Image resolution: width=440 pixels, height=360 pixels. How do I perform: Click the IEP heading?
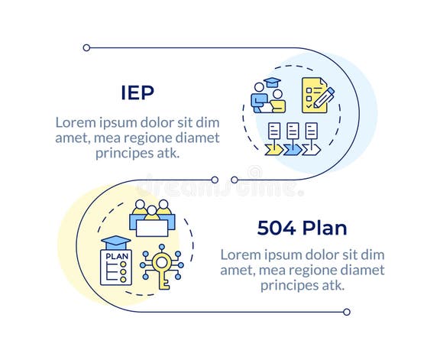pyautogui.click(x=137, y=92)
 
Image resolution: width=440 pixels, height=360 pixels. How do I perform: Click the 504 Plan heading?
pyautogui.click(x=302, y=228)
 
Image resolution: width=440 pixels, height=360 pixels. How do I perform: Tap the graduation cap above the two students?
pyautogui.click(x=272, y=83)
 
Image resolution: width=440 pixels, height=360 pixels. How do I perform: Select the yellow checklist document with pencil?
pyautogui.click(x=314, y=95)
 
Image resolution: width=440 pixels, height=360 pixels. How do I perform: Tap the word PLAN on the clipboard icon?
pyautogui.click(x=116, y=256)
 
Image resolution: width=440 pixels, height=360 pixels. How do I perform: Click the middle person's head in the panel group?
pyautogui.click(x=152, y=208)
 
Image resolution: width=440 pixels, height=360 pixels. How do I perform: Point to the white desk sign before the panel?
pyautogui.click(x=152, y=227)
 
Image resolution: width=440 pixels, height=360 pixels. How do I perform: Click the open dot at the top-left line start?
pyautogui.click(x=86, y=47)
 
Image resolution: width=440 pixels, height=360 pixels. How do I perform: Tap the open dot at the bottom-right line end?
pyautogui.click(x=347, y=312)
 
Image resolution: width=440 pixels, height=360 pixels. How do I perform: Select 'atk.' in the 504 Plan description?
pyautogui.click(x=329, y=284)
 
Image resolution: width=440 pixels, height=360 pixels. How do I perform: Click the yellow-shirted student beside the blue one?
pyautogui.click(x=277, y=99)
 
